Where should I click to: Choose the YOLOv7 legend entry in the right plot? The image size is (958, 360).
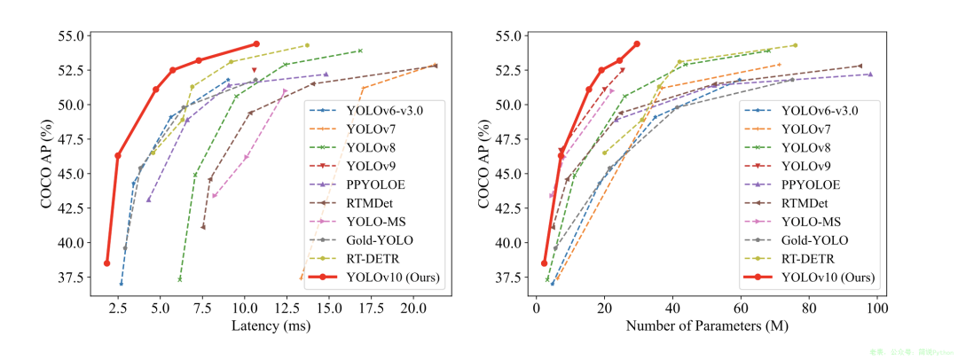[x=805, y=129]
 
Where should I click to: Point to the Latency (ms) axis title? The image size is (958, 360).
[x=271, y=326]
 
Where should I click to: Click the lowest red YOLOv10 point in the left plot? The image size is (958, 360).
[x=106, y=263]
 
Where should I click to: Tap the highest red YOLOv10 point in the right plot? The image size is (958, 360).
[x=637, y=43]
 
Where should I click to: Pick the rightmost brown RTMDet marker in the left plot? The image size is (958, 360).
[x=435, y=66]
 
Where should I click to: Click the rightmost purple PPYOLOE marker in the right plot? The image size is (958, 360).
[x=870, y=74]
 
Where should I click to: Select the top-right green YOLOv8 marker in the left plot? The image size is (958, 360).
[x=360, y=51]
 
